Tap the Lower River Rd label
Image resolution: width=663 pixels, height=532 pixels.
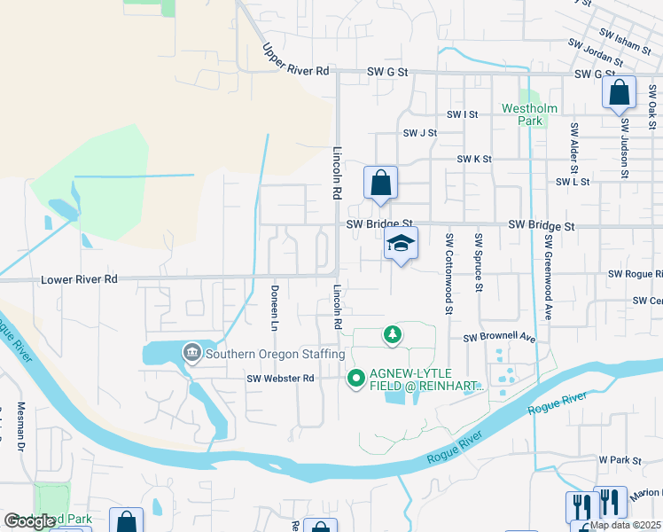click(x=79, y=279)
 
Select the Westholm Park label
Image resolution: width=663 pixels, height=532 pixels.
click(x=529, y=113)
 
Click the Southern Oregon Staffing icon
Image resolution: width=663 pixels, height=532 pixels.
click(x=191, y=354)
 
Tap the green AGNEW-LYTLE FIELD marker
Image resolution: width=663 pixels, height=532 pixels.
click(x=356, y=379)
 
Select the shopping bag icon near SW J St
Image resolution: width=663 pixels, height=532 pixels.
click(x=380, y=183)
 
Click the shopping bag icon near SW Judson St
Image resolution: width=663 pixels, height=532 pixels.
click(x=619, y=91)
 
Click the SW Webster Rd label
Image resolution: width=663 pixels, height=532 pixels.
click(x=280, y=379)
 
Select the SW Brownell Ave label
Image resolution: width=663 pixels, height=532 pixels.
click(x=500, y=338)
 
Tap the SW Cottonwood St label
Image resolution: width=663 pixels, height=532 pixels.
click(x=449, y=273)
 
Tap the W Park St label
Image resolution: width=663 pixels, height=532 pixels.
click(x=619, y=460)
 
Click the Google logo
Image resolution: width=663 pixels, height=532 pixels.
click(x=30, y=521)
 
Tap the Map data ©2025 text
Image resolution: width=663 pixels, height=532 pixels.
click(x=625, y=525)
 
